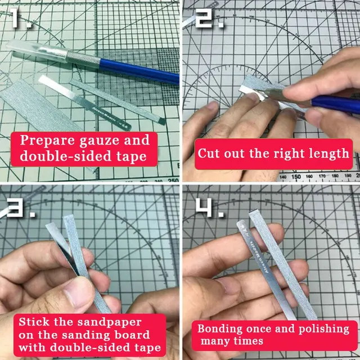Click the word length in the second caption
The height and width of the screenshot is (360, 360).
tap(329, 153)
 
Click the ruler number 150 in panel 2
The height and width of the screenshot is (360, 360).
tap(295, 176)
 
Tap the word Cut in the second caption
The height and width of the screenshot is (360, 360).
tap(209, 153)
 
